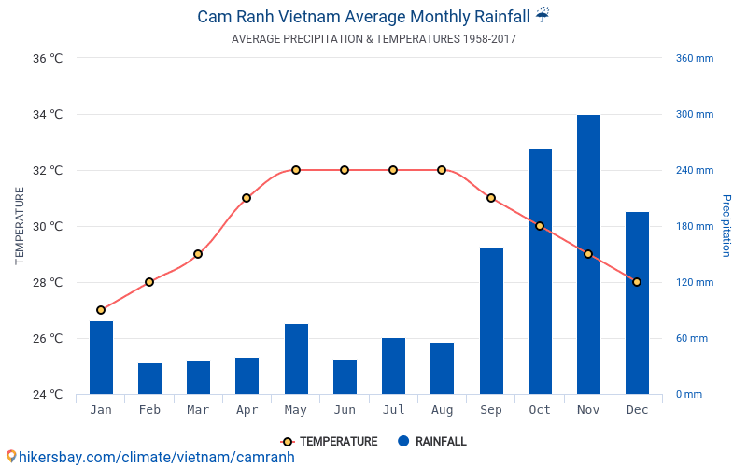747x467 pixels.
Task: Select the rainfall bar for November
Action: point(588,254)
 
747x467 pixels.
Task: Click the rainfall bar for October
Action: point(540,272)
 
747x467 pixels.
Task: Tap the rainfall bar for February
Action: point(149,378)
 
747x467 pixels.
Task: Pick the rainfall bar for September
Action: point(491,320)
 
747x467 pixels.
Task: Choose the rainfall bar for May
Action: point(296,359)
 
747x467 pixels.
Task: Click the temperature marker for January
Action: point(101,310)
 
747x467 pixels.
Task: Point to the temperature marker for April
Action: point(247,198)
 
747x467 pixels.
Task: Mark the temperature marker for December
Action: point(637,282)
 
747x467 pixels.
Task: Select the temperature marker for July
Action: point(393,170)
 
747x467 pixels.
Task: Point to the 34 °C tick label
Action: point(48,115)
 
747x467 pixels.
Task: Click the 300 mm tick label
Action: point(695,114)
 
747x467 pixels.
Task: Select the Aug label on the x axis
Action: point(442,410)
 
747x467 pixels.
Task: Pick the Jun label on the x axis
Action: point(345,410)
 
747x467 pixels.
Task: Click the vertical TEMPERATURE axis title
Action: point(21,226)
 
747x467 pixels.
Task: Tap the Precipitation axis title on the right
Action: point(726,226)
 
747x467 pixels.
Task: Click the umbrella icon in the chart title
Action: point(543,16)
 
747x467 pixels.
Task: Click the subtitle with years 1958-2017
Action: point(373,39)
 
